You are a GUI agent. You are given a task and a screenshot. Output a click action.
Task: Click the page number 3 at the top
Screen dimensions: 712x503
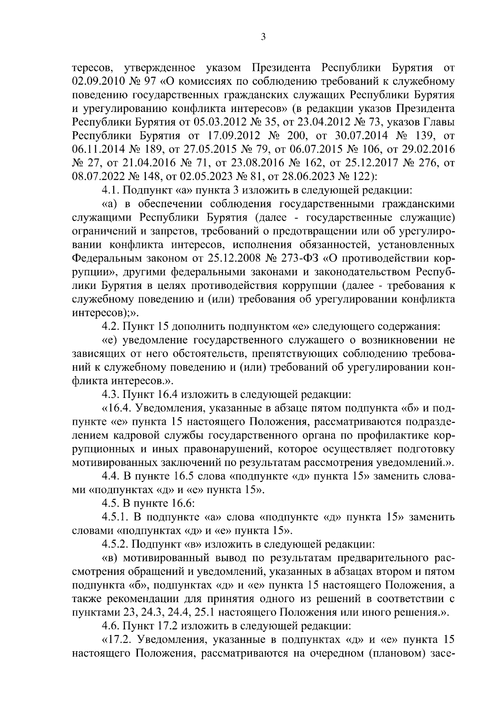(x=263, y=37)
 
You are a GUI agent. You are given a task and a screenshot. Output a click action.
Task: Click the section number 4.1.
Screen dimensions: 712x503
(x=111, y=190)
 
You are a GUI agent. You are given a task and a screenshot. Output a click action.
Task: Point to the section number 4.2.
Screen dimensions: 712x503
(x=111, y=326)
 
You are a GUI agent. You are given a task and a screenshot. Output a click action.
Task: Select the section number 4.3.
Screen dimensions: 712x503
(x=111, y=395)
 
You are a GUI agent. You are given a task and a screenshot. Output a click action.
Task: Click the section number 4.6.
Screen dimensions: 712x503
(x=111, y=626)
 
